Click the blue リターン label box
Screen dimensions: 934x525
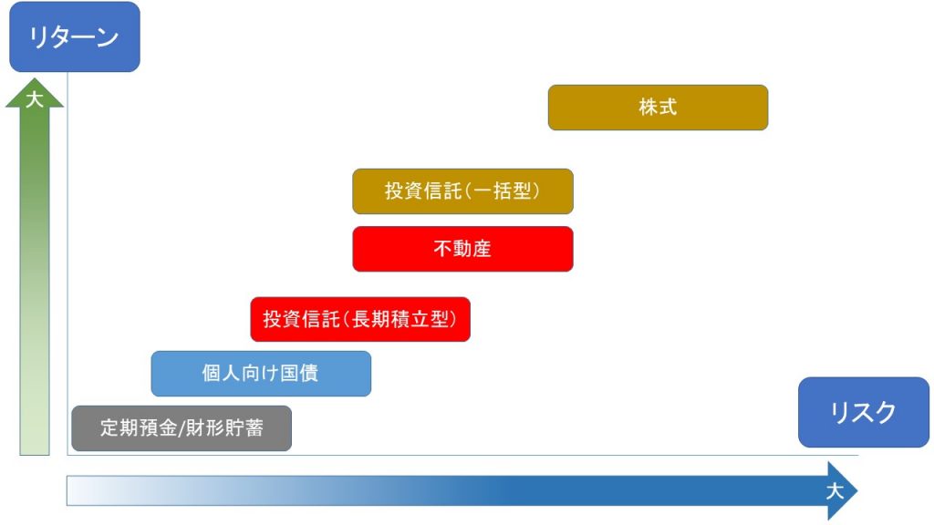[75, 36]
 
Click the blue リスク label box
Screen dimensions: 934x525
[863, 412]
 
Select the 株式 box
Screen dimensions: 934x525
[658, 108]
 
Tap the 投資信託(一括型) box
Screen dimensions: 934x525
[462, 191]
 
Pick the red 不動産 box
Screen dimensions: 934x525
[462, 249]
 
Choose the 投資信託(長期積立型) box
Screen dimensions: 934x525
[360, 320]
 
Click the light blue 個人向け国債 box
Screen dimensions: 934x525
[261, 374]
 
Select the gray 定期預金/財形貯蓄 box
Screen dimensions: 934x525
[182, 428]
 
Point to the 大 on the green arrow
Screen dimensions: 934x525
[35, 98]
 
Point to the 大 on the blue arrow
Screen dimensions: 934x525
[835, 491]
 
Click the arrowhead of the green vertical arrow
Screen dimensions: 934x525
[35, 93]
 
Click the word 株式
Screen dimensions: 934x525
[658, 108]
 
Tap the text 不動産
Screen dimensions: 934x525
[462, 248]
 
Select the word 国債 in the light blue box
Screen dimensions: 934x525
[299, 373]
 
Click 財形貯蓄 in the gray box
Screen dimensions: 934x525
[224, 428]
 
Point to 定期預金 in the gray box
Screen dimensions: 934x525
[139, 428]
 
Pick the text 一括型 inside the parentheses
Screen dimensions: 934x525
[503, 190]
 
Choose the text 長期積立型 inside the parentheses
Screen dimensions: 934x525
[400, 319]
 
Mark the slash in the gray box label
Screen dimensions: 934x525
[182, 428]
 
